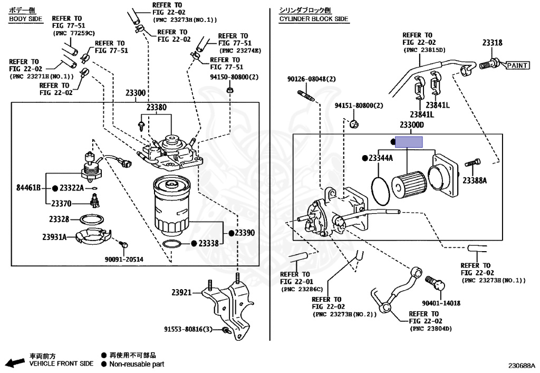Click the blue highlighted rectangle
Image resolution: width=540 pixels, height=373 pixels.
tap(410, 141)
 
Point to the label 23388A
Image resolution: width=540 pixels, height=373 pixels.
tap(475, 180)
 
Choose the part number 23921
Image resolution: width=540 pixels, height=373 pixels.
tap(182, 292)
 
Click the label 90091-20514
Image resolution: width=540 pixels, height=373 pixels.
tap(123, 259)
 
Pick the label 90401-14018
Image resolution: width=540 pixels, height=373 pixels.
tap(441, 303)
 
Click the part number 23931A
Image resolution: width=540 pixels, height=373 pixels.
tap(55, 237)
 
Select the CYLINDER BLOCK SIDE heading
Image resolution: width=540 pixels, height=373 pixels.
tap(314, 19)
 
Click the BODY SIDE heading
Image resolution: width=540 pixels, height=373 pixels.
tap(25, 19)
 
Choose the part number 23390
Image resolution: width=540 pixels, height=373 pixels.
tap(245, 233)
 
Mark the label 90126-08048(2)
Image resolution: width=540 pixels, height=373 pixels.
tap(312, 79)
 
